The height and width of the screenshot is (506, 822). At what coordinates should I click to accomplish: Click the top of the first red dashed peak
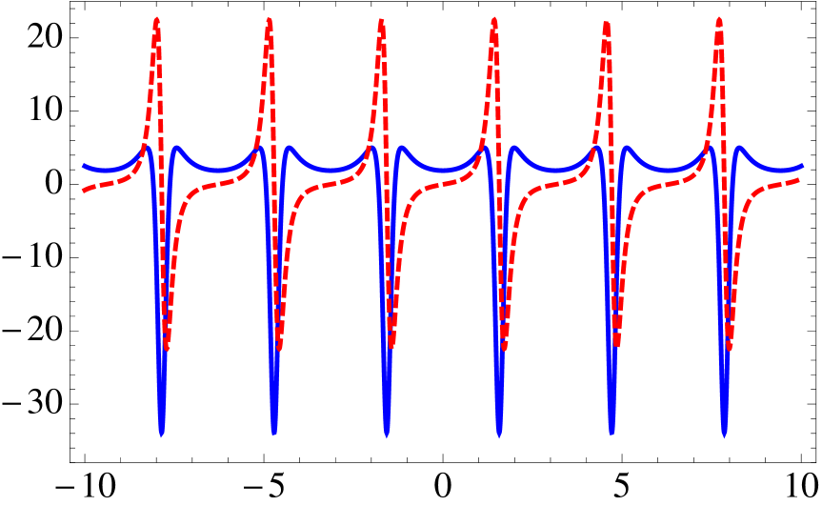(x=156, y=20)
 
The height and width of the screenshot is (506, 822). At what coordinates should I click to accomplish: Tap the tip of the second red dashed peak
(x=269, y=20)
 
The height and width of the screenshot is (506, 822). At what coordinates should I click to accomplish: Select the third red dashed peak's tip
(x=381, y=20)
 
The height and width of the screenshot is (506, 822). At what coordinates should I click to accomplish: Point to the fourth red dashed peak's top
(x=494, y=20)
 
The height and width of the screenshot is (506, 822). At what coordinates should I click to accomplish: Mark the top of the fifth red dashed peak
(x=607, y=22)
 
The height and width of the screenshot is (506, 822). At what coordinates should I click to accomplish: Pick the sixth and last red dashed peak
(x=719, y=20)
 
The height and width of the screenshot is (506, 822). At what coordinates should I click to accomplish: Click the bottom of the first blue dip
(x=162, y=434)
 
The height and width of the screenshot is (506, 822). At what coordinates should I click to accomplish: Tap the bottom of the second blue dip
(x=274, y=434)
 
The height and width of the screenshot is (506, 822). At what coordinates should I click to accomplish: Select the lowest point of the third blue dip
(x=387, y=435)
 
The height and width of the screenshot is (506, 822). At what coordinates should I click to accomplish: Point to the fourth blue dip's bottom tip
(x=500, y=435)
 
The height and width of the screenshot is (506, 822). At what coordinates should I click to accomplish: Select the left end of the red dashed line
(x=84, y=191)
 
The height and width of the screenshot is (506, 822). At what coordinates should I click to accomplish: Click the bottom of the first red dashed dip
(x=167, y=348)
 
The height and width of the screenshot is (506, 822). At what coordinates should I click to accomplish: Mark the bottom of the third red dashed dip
(x=391, y=348)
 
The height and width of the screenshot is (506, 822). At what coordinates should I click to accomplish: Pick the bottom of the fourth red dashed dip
(x=505, y=348)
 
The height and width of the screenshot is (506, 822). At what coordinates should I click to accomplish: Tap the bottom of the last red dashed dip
(x=730, y=348)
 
